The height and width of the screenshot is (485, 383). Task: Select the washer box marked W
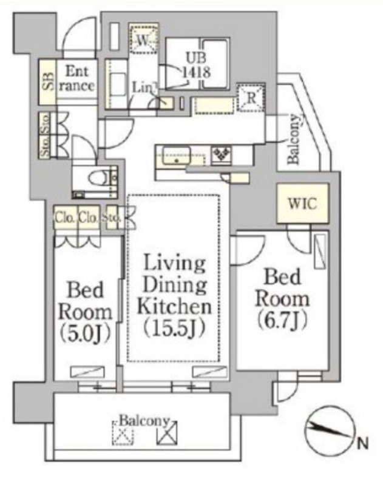(144, 40)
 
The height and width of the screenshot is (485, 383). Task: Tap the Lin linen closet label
(141, 87)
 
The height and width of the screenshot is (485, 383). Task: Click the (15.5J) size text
(174, 328)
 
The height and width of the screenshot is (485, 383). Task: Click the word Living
(174, 265)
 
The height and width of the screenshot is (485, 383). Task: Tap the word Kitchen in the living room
(174, 306)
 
